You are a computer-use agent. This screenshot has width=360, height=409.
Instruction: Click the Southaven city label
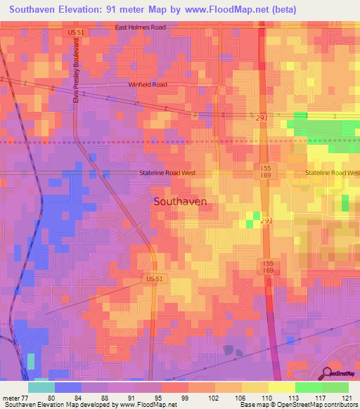[x=180, y=201]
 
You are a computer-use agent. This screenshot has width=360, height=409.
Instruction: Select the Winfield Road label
[x=148, y=84]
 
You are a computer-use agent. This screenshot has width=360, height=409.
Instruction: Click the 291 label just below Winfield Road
[x=262, y=118]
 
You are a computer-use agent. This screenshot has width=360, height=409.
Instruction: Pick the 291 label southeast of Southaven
[x=266, y=221]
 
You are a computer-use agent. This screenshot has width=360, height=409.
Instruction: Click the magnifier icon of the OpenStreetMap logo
[x=326, y=372]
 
